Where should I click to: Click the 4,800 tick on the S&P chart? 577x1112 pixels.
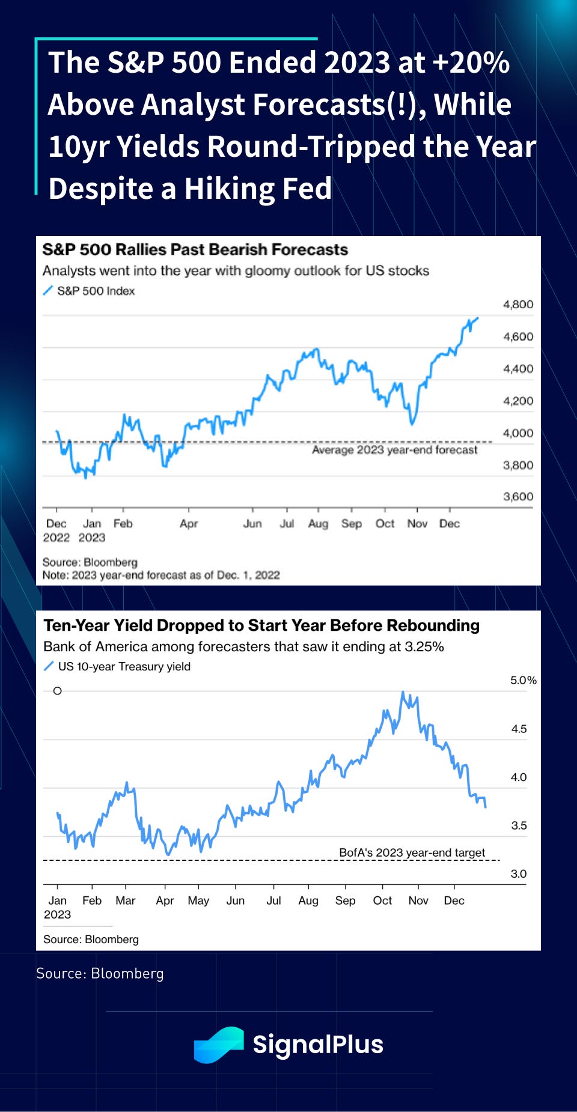tap(517, 305)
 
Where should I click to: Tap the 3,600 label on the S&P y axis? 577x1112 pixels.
tap(517, 497)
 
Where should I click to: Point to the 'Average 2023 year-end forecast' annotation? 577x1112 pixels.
tap(394, 450)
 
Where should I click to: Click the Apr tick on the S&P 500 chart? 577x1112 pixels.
tap(189, 524)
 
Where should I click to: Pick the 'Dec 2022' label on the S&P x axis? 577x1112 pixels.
tap(56, 530)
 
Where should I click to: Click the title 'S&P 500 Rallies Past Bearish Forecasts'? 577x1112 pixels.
tap(195, 250)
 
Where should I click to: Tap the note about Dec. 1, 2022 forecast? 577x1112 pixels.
tap(161, 576)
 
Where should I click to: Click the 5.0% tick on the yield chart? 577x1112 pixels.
tap(523, 681)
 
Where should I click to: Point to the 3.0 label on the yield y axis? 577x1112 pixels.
tap(518, 874)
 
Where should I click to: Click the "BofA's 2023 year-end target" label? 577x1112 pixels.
tap(412, 853)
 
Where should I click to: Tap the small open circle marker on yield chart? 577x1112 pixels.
tap(58, 691)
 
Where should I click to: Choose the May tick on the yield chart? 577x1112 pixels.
tap(198, 901)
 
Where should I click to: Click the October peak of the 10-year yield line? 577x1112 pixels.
tap(403, 693)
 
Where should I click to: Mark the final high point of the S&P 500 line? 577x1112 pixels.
tap(478, 318)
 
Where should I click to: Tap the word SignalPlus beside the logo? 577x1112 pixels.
tap(318, 1045)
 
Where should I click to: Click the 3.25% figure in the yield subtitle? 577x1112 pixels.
tap(424, 647)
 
